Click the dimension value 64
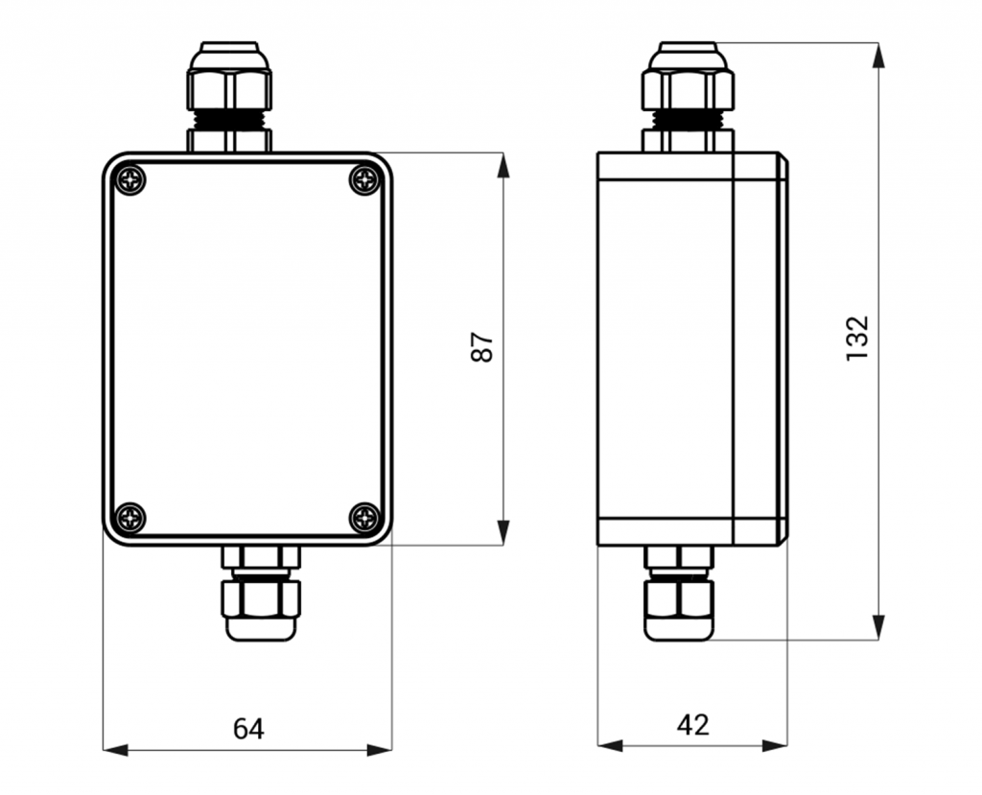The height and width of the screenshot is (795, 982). pos(248,729)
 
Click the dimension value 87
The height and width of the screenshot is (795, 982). pos(482,346)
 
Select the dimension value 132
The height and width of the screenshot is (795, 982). pos(857,339)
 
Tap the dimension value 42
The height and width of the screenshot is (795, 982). pos(692,725)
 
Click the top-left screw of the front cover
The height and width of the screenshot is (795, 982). pos(130,180)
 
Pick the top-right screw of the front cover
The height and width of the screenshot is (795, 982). pos(364,180)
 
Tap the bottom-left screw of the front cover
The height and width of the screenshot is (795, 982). pos(130,518)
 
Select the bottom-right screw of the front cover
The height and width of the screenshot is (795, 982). pos(364,518)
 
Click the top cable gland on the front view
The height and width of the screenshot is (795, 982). pos(229,97)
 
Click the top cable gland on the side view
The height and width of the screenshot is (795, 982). pos(688,97)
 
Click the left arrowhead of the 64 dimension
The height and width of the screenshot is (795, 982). pos(115,750)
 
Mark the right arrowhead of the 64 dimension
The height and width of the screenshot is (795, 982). pos(380,750)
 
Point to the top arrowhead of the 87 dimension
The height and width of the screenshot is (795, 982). pos(503,165)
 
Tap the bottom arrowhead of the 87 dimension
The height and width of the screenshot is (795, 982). pos(503,532)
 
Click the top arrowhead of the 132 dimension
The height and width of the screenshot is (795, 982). pos(878,55)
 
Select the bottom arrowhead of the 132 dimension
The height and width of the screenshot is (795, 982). pos(878,628)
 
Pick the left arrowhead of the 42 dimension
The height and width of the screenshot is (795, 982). pos(611,745)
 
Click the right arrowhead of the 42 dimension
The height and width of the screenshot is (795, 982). pos(775,745)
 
